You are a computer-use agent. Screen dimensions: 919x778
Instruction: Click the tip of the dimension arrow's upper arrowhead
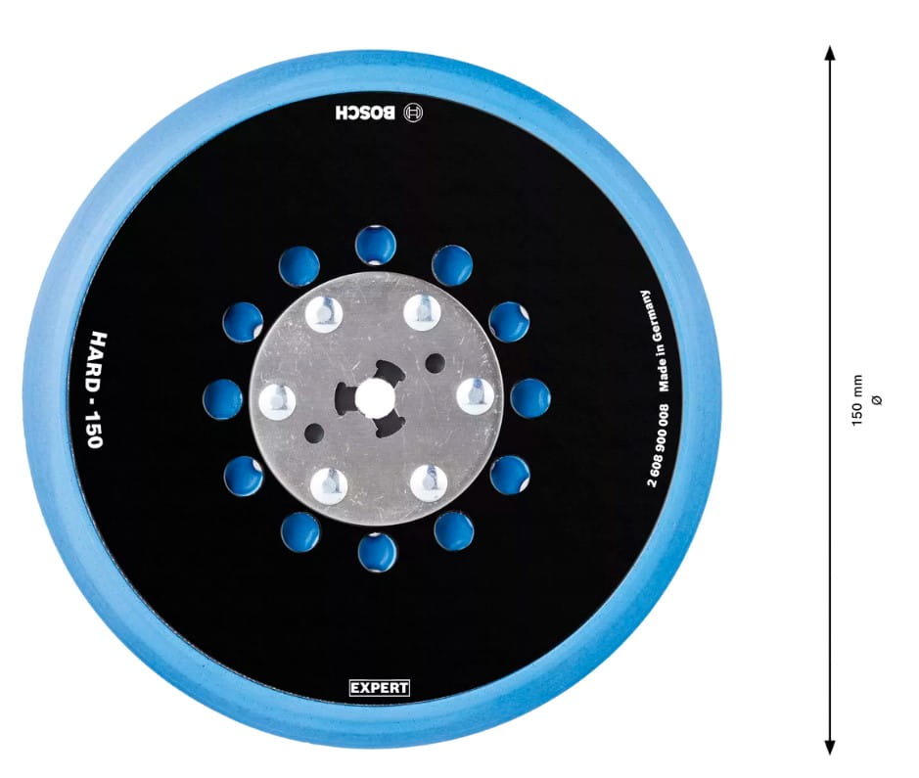tap(829, 46)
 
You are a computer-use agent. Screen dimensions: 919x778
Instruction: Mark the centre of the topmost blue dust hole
tap(376, 245)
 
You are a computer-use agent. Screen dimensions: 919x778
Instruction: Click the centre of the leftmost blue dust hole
tap(223, 399)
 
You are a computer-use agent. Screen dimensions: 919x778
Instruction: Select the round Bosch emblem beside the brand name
tap(413, 113)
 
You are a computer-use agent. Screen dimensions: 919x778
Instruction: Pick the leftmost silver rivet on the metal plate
tap(277, 402)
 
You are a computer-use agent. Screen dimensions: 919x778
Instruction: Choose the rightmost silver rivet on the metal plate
tap(476, 396)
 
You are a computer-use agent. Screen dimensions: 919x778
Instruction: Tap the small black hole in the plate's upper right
tap(435, 363)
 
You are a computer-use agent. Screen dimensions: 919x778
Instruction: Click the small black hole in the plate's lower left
tap(314, 434)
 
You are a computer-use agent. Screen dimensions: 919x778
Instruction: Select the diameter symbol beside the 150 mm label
tap(876, 400)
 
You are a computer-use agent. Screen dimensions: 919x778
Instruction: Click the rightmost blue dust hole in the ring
tap(530, 398)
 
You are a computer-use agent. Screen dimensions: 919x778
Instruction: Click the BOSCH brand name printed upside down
tap(366, 113)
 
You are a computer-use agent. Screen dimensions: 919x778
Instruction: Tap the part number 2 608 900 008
tap(660, 445)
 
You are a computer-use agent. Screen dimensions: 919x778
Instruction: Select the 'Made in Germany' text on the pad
tap(654, 341)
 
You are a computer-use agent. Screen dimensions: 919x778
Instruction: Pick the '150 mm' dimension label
tap(857, 400)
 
